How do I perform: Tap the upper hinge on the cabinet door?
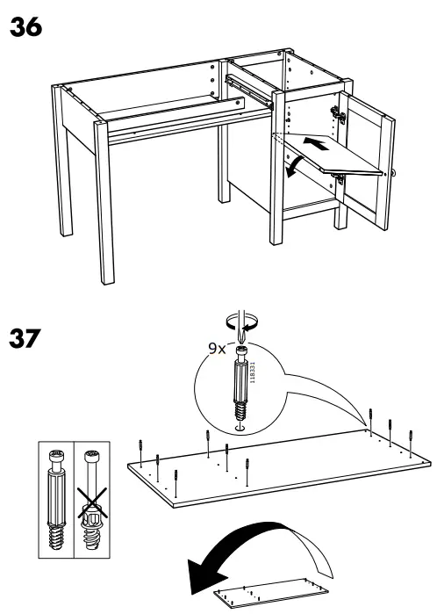tap(334, 112)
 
